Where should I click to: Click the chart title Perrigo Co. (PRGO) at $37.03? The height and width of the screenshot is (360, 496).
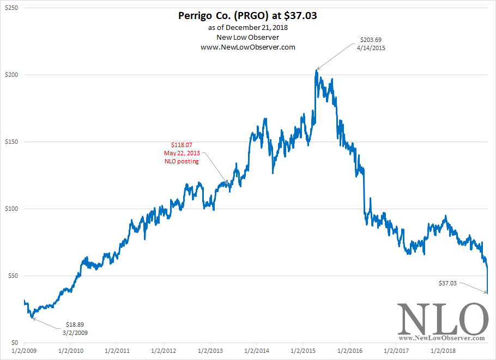click(247, 16)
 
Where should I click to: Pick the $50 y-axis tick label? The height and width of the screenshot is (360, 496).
click(12, 276)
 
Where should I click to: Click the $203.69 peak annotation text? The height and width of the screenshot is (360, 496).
click(372, 40)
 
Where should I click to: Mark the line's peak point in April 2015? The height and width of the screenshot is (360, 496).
click(316, 70)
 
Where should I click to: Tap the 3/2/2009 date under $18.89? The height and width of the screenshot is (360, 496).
click(75, 332)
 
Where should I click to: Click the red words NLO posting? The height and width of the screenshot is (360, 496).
click(182, 161)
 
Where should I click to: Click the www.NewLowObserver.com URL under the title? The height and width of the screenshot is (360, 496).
click(248, 47)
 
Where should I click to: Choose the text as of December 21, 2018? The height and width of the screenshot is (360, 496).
click(248, 27)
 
